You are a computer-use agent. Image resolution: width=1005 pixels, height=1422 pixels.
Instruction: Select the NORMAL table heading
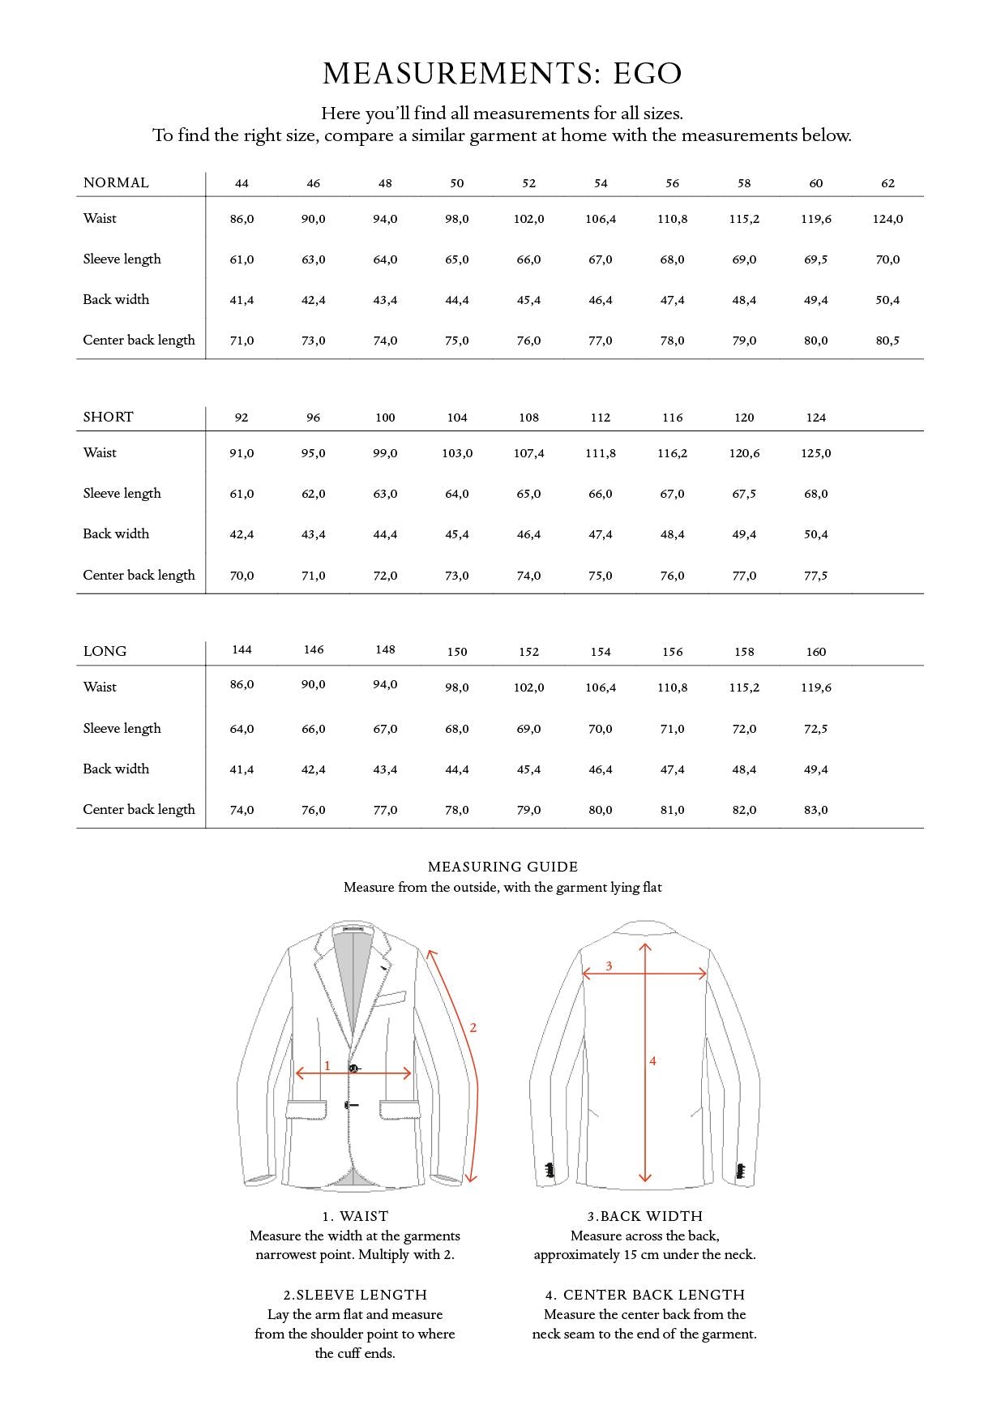(116, 182)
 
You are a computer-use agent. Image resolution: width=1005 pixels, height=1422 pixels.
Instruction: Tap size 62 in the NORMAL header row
(887, 183)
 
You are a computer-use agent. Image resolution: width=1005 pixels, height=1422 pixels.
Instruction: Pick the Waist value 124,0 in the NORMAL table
(887, 219)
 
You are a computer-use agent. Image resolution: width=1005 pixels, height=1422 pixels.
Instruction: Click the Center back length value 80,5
(887, 341)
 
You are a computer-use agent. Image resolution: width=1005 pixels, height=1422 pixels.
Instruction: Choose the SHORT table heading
(108, 417)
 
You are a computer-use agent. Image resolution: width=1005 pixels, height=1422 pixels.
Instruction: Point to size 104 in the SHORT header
(457, 418)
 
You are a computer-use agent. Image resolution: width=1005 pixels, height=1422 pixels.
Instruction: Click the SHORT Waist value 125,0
(815, 453)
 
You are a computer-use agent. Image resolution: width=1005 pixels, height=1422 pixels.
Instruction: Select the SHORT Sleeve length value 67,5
(744, 494)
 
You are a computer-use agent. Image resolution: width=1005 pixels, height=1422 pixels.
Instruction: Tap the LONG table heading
(105, 651)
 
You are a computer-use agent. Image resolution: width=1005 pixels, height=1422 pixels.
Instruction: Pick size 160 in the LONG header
(815, 652)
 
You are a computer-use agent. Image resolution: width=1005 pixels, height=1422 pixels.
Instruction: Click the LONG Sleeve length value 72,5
(815, 729)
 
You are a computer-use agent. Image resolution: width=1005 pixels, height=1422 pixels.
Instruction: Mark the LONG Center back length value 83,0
(815, 810)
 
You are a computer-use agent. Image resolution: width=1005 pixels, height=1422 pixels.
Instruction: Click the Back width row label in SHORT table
(116, 533)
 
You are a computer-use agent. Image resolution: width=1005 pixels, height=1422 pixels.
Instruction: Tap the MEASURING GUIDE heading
(502, 867)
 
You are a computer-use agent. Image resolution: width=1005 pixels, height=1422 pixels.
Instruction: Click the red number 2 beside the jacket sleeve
(473, 1028)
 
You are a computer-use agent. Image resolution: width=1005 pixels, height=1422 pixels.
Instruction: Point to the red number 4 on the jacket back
(652, 1060)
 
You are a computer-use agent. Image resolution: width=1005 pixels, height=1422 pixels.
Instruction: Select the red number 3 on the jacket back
(609, 966)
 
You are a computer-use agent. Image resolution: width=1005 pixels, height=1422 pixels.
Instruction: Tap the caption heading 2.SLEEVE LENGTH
(355, 1295)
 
